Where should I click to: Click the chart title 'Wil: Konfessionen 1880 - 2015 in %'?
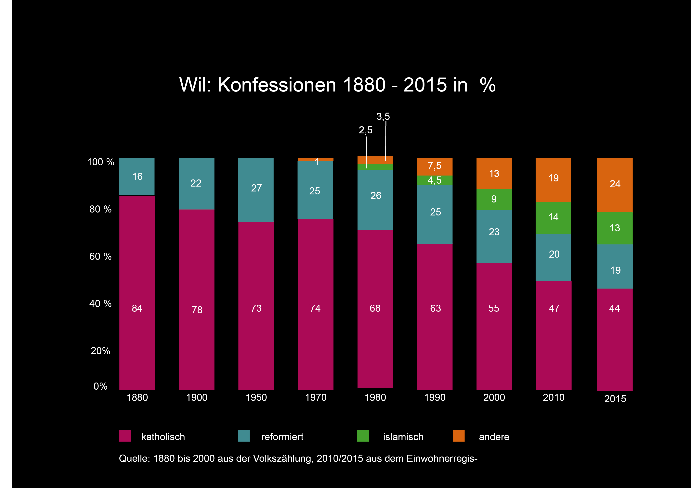pyautogui.click(x=337, y=85)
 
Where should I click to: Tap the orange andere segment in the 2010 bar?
pyautogui.click(x=553, y=180)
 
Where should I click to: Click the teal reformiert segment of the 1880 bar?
pyautogui.click(x=137, y=177)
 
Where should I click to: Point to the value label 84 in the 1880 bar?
pyautogui.click(x=137, y=308)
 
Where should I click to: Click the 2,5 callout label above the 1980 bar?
pyautogui.click(x=365, y=130)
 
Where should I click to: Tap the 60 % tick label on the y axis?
pyautogui.click(x=100, y=256)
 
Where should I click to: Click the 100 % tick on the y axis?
pyautogui.click(x=100, y=162)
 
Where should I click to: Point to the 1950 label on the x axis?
pyautogui.click(x=256, y=397)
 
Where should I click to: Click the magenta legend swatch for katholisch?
pyautogui.click(x=125, y=436)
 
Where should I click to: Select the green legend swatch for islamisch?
pyautogui.click(x=363, y=436)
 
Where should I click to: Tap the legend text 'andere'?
pyautogui.click(x=494, y=437)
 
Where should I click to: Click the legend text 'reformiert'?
pyautogui.click(x=282, y=437)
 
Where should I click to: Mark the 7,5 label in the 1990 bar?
pyautogui.click(x=435, y=166)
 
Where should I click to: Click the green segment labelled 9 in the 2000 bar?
pyautogui.click(x=494, y=199)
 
